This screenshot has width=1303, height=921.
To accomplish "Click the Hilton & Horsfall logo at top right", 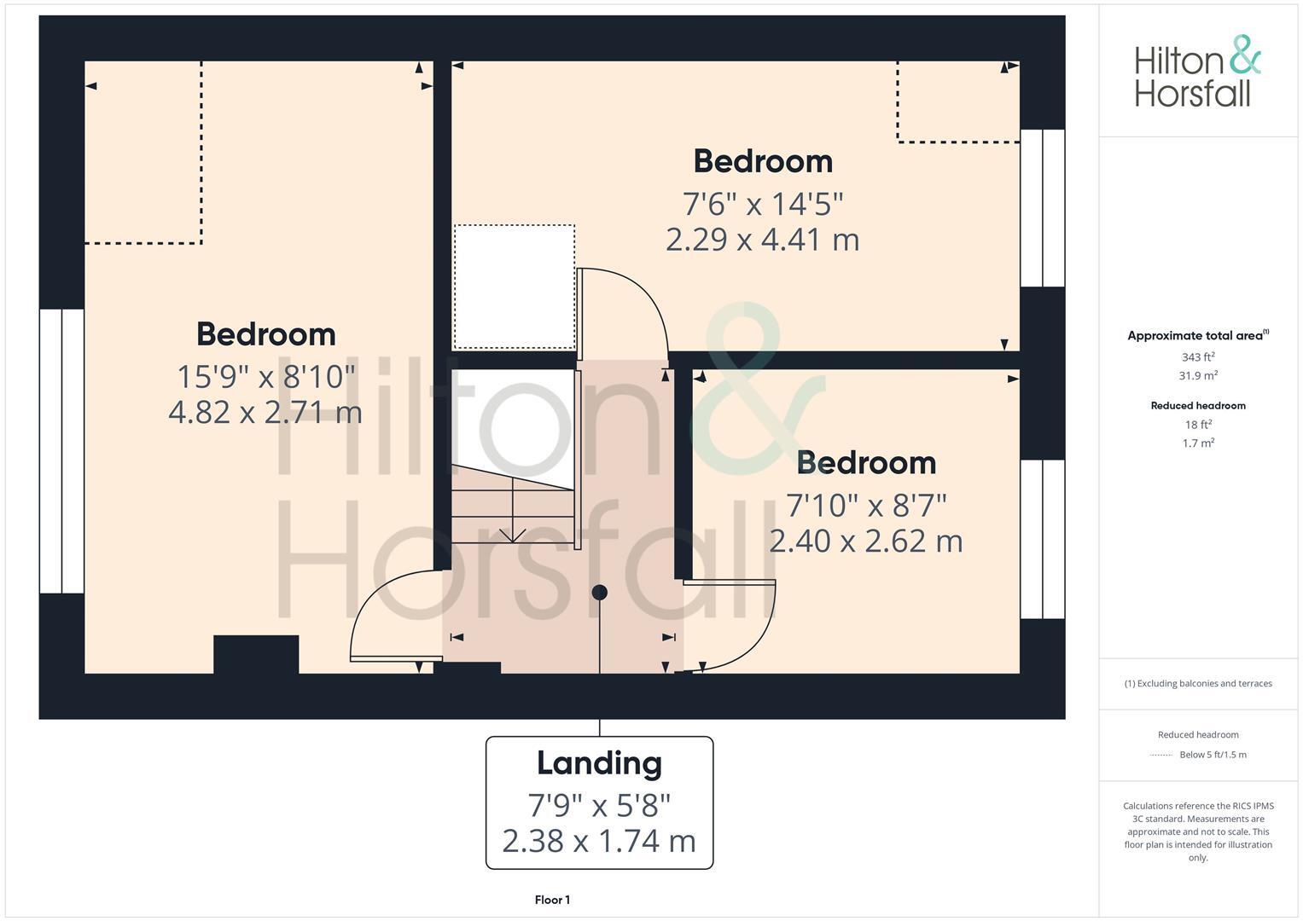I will pyautogui.click(x=1197, y=72).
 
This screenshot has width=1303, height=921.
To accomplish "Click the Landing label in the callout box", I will pyautogui.click(x=599, y=762).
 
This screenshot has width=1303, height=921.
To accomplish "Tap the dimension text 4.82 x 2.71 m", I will pyautogui.click(x=265, y=413).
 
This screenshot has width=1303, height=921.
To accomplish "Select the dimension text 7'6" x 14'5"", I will pyautogui.click(x=762, y=205).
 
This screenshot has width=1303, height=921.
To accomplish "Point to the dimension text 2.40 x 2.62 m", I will pyautogui.click(x=866, y=542).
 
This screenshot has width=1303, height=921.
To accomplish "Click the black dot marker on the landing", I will pyautogui.click(x=600, y=592).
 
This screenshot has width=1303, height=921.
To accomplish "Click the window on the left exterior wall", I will pyautogui.click(x=61, y=450).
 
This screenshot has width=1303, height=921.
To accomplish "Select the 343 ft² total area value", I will pyautogui.click(x=1198, y=357).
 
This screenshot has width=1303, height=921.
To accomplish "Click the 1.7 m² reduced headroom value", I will pyautogui.click(x=1198, y=443).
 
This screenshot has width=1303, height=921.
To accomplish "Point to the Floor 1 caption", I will pyautogui.click(x=552, y=900).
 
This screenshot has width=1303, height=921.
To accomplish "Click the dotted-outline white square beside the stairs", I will pyautogui.click(x=514, y=287).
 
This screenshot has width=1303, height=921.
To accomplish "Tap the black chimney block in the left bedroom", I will pyautogui.click(x=256, y=654).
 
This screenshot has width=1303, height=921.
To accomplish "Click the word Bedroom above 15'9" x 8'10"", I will pyautogui.click(x=265, y=334).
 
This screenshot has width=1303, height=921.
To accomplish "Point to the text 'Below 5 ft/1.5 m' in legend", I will pyautogui.click(x=1213, y=755).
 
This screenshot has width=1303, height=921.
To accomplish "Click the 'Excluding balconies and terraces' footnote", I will pyautogui.click(x=1198, y=683).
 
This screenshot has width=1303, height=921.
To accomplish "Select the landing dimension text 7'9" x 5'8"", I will pyautogui.click(x=599, y=804).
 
